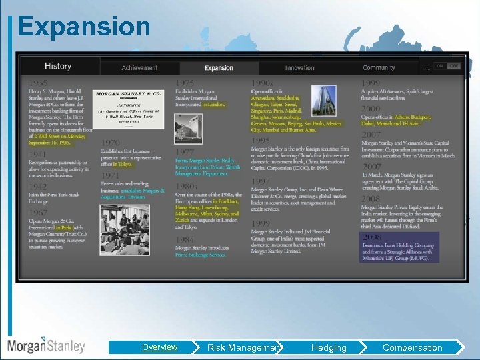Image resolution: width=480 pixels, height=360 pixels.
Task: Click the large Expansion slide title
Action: (x=84, y=27)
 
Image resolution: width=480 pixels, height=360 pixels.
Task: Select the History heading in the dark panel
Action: (x=58, y=66)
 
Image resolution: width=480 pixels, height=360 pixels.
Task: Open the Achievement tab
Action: (x=139, y=68)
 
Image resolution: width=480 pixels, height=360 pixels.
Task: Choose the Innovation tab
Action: (x=299, y=68)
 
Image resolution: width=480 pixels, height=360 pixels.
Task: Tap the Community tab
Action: (x=379, y=68)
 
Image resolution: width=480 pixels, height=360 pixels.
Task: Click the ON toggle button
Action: (x=440, y=67)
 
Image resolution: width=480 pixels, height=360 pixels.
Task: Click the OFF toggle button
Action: (x=454, y=67)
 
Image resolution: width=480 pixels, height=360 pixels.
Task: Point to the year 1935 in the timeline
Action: (x=38, y=83)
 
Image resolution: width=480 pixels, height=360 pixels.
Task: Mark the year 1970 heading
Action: (x=111, y=143)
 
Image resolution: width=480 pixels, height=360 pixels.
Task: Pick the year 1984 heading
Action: (x=185, y=239)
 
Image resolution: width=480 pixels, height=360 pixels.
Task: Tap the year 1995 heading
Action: (x=261, y=141)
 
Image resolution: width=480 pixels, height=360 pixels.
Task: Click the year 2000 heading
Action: (x=371, y=109)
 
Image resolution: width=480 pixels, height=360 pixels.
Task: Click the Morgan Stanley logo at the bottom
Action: (x=47, y=346)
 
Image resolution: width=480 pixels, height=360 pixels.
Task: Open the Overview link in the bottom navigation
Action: (x=159, y=347)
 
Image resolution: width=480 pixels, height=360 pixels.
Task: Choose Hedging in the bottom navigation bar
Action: (x=329, y=347)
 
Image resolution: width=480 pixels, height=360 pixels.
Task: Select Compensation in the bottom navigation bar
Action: (x=412, y=347)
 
